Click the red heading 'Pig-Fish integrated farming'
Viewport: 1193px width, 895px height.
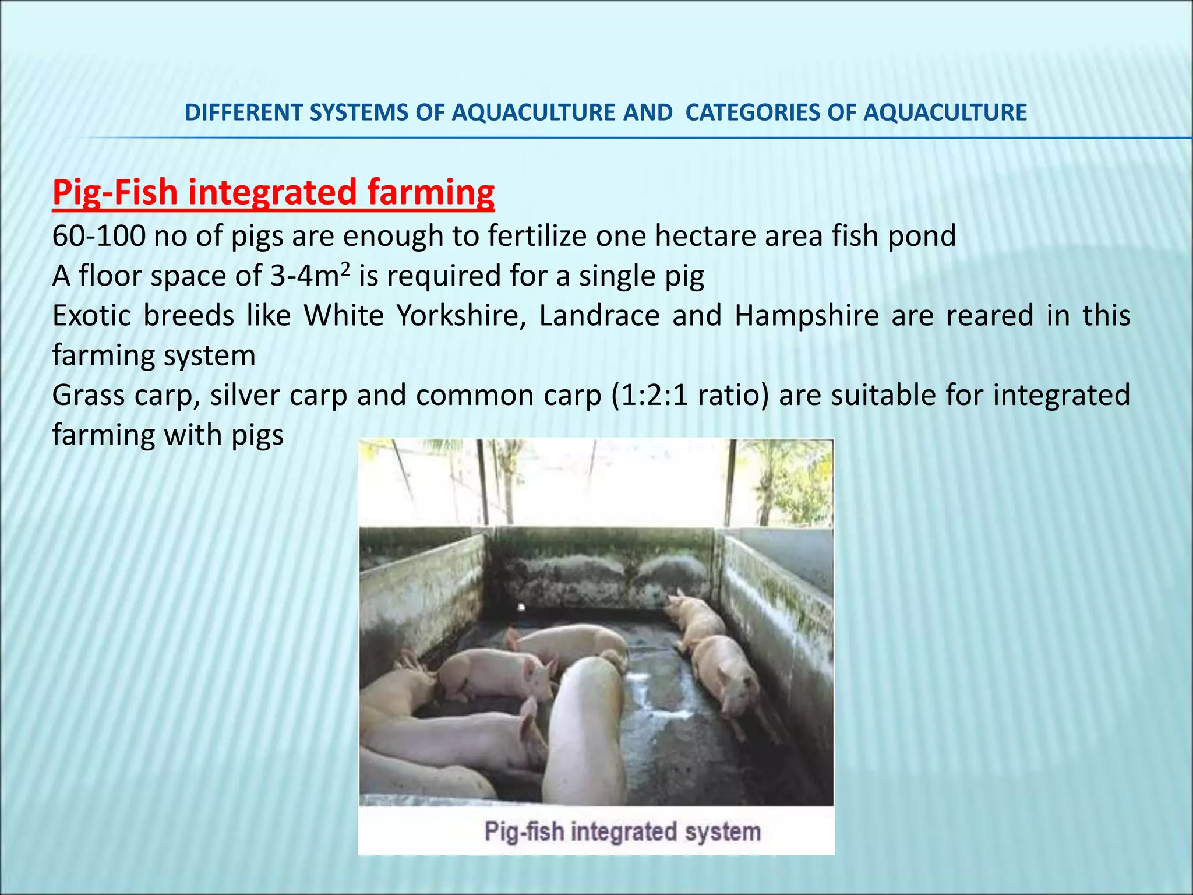pos(273,192)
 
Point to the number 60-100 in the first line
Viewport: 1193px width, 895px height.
pos(98,236)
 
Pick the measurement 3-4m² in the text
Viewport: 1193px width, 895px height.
pos(310,275)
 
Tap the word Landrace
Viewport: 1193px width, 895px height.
pos(599,315)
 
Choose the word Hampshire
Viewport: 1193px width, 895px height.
pos(806,315)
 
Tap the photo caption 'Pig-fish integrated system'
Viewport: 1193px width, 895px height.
pos(622,831)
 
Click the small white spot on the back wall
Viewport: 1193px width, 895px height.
pos(521,608)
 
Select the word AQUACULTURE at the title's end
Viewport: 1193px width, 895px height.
pos(945,112)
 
